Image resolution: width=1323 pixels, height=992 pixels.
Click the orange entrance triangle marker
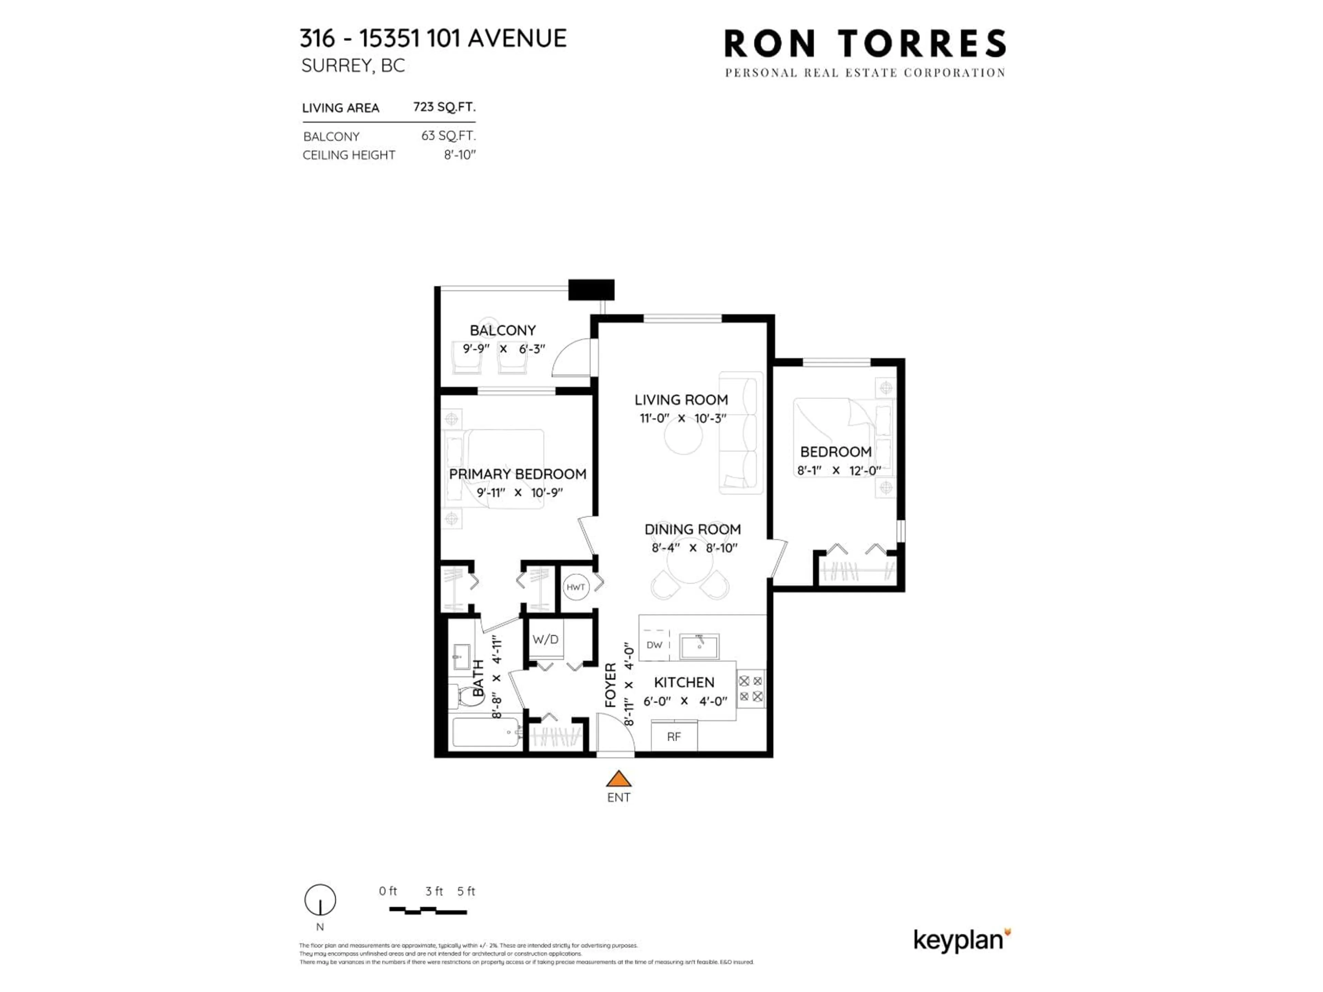(618, 779)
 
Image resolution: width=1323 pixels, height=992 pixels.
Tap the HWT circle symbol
(575, 587)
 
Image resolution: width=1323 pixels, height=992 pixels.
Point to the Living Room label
(681, 400)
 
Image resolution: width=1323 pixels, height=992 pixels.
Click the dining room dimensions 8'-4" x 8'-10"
(694, 548)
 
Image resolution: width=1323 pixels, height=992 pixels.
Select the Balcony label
(502, 330)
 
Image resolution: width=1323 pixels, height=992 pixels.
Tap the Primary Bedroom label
(517, 474)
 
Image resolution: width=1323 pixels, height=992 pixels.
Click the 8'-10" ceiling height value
(459, 155)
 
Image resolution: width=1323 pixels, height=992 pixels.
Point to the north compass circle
(320, 900)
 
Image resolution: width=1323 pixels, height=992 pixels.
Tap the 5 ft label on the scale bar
(466, 891)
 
